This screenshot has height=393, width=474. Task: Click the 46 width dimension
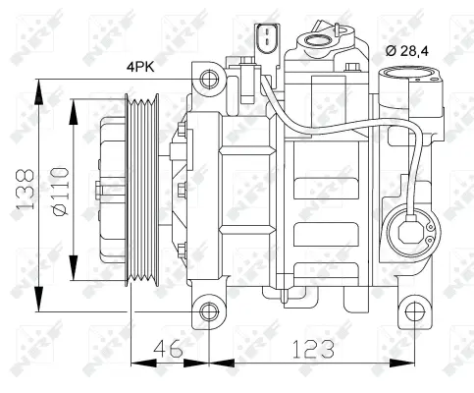(170, 349)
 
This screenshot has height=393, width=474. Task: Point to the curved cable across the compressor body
(324, 128)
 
